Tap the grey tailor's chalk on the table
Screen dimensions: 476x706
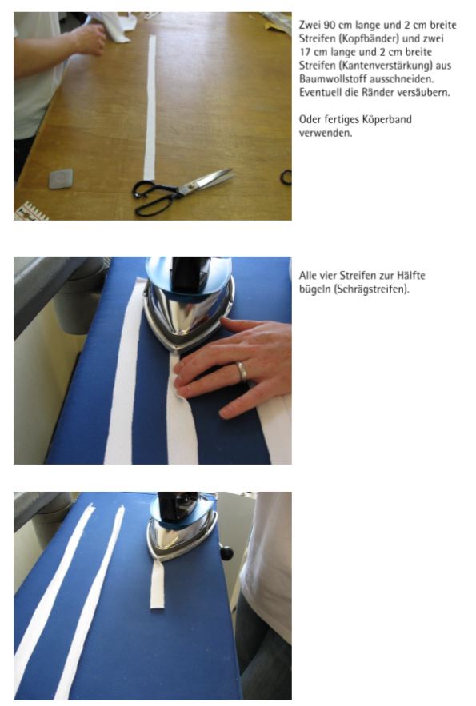(x=60, y=178)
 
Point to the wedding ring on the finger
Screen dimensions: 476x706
(x=242, y=372)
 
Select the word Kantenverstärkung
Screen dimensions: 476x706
(x=386, y=66)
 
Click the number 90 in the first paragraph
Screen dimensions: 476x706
(x=330, y=25)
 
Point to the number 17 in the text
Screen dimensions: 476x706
(x=305, y=52)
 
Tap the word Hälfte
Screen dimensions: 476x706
(x=411, y=276)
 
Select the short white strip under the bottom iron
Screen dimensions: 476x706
(x=157, y=584)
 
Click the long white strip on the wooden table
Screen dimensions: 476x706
(x=150, y=108)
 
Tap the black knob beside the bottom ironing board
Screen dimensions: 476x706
(x=226, y=552)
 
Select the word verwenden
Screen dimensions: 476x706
(x=325, y=133)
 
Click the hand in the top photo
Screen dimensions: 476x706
(x=89, y=39)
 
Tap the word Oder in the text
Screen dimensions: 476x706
(x=310, y=119)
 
